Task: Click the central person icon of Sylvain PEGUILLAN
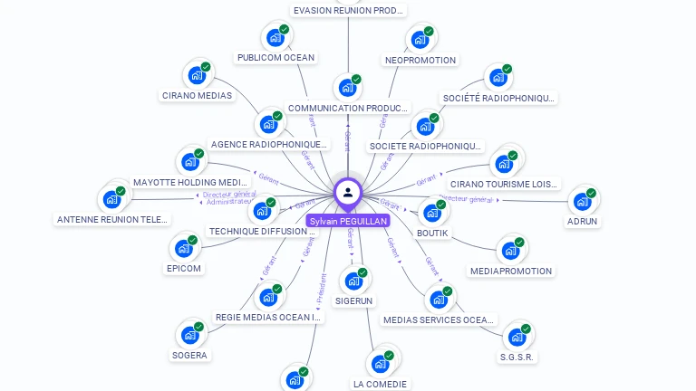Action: (348, 192)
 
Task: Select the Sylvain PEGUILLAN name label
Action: (348, 221)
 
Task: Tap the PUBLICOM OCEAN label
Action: (275, 58)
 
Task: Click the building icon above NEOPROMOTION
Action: (420, 39)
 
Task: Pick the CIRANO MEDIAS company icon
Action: (196, 75)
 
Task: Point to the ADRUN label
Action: (582, 221)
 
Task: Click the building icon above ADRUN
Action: (582, 201)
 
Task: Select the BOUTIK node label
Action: (432, 233)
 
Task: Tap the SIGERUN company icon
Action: (353, 281)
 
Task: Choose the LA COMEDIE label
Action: (380, 384)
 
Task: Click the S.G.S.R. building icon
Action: (517, 337)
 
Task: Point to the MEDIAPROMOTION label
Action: (511, 271)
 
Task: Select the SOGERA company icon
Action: (189, 335)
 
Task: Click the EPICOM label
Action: (184, 268)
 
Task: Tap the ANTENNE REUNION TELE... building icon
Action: (111, 199)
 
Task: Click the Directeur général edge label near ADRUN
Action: (466, 199)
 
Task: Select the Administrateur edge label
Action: (228, 202)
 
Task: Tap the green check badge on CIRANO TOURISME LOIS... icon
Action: (512, 156)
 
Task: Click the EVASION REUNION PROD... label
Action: (349, 10)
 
